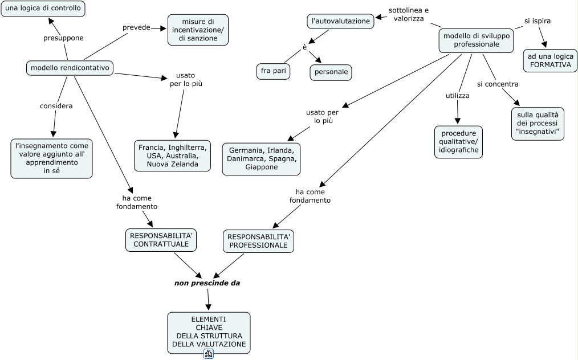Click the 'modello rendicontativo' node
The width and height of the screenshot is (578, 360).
[70, 68]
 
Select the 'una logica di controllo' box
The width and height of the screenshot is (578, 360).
[43, 9]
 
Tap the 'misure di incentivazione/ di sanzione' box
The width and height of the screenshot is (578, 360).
[198, 30]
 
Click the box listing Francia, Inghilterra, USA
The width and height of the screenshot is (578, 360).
[172, 156]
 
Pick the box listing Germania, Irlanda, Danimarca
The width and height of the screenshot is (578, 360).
[261, 158]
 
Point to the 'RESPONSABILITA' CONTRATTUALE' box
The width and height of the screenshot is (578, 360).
[161, 240]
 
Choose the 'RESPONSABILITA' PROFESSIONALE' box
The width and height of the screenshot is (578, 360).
[258, 240]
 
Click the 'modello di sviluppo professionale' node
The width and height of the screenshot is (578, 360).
[476, 40]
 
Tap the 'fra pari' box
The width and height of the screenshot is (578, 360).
[273, 71]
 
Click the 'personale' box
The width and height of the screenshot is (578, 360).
[331, 72]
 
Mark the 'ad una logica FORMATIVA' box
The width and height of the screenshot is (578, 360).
[550, 60]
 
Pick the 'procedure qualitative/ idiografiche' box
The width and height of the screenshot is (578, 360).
[458, 142]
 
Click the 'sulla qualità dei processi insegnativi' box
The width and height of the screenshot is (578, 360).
[538, 124]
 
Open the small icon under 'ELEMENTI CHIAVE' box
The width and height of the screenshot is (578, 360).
[209, 354]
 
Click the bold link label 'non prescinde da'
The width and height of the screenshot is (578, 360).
[207, 283]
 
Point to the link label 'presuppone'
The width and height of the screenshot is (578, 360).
[63, 38]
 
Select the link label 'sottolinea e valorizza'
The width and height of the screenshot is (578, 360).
[409, 15]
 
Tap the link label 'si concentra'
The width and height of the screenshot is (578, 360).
[498, 84]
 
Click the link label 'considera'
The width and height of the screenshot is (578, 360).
[56, 106]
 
